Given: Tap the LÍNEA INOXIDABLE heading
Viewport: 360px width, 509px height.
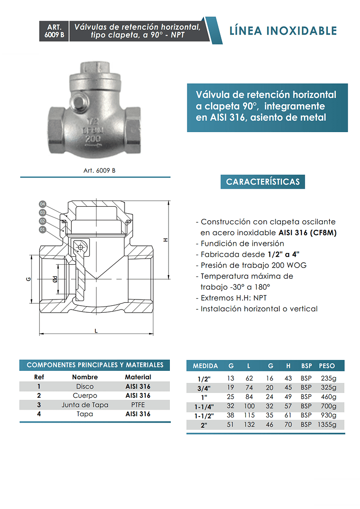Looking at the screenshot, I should pos(283,31).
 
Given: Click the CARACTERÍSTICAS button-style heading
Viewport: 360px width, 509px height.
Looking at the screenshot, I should pos(263,182).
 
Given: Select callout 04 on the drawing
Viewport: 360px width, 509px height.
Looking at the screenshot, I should pos(42,204).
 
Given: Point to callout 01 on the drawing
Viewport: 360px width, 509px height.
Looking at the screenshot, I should pos(42,230).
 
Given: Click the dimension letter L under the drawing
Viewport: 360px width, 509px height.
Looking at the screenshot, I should pos(96,331).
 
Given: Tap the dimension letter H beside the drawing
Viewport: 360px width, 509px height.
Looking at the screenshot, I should pos(166,240).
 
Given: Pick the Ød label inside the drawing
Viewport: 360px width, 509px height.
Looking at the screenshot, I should pos(55,279).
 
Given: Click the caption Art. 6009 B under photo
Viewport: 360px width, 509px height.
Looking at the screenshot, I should pos(95,171).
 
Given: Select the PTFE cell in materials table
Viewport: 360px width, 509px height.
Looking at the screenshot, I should pos(138,405).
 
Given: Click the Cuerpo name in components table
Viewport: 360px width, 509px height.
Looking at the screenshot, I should pos(85,395).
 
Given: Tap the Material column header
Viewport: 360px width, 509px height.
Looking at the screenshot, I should pos(138,377).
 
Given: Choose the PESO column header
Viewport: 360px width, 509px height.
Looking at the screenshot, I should pos(327,366).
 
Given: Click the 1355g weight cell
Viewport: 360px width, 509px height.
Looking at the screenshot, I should pos(327,424).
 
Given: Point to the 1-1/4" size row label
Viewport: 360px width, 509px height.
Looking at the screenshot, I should pos(204,407).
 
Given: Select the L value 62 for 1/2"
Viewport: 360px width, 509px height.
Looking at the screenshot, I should pos(249,378).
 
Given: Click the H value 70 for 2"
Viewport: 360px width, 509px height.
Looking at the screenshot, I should pos(288,424).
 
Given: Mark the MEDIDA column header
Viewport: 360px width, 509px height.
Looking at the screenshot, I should pos(205,366).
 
